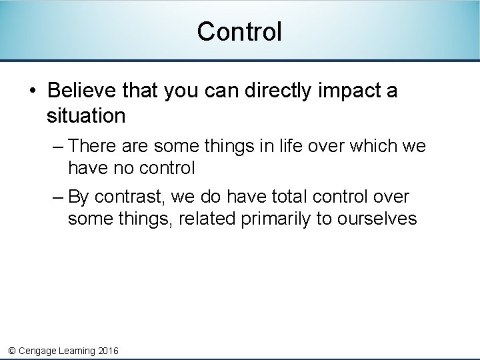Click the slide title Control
[239, 31]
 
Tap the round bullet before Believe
[33, 91]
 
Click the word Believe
[80, 90]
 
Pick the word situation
[86, 116]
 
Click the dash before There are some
[57, 145]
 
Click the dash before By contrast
[57, 197]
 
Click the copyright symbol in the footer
[11, 351]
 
